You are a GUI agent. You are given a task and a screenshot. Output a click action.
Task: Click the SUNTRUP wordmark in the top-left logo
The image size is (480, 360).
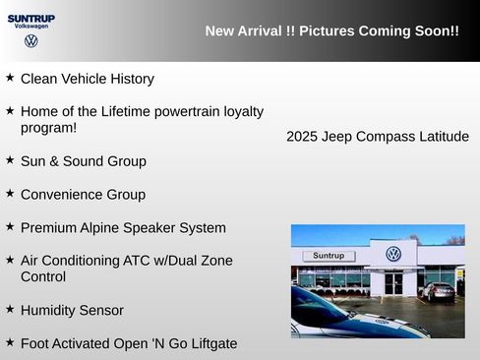(x=31, y=18)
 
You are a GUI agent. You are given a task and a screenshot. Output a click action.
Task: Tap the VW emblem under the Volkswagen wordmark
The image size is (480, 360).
(x=31, y=41)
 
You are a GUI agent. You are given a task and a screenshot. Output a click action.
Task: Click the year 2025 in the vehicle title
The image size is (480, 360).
(x=303, y=137)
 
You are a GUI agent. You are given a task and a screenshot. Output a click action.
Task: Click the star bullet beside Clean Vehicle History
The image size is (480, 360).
(x=10, y=77)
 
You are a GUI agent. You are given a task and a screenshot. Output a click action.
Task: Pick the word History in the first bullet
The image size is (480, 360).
(x=129, y=79)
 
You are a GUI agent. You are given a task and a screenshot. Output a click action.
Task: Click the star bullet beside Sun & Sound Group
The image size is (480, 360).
(x=10, y=159)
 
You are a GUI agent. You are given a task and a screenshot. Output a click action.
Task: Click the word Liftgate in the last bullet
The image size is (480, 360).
(x=209, y=343)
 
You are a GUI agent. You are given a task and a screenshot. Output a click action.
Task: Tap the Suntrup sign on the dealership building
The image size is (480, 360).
(x=329, y=256)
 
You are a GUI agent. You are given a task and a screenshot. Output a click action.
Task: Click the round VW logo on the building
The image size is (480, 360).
(x=393, y=254)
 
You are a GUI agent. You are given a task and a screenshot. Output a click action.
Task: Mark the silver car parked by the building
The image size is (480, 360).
(x=438, y=290)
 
